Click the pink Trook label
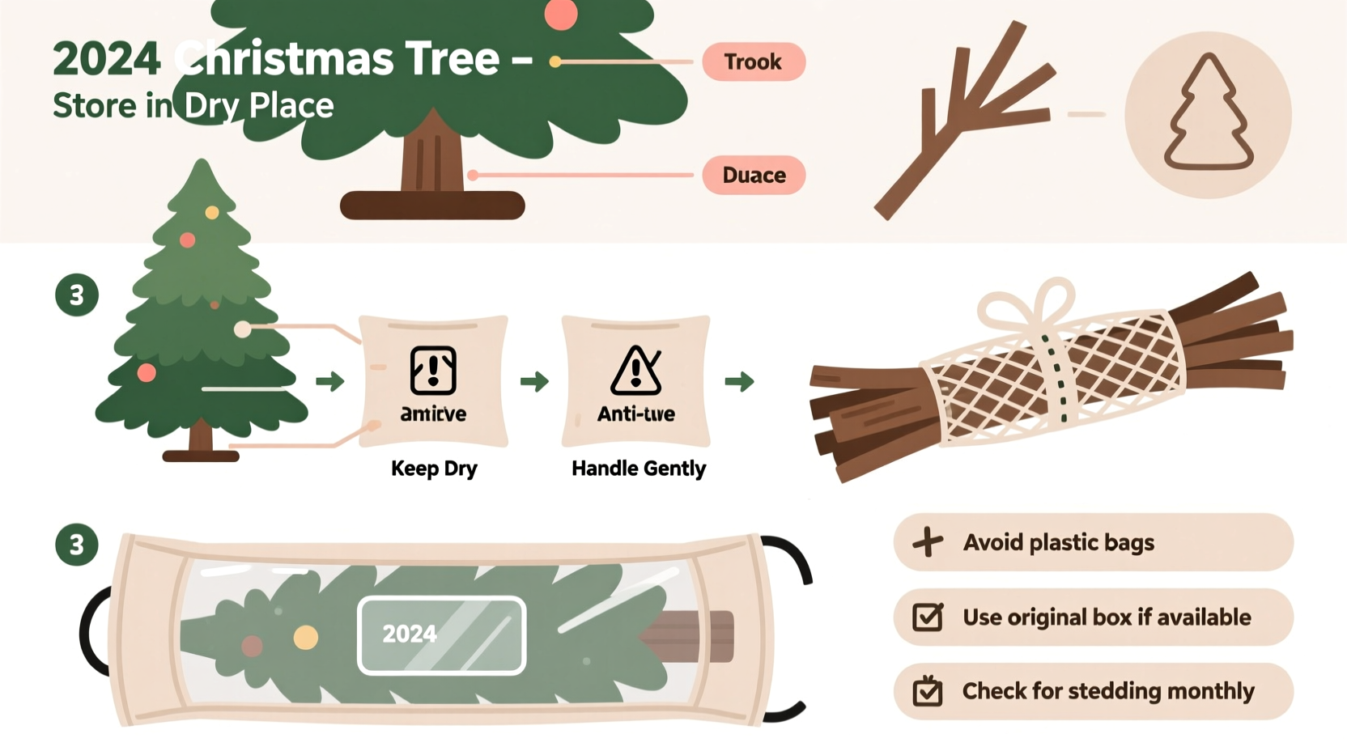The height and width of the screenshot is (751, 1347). pos(753,62)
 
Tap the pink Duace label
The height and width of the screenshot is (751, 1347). pos(753,175)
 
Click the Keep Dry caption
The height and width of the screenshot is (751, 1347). pos(434,469)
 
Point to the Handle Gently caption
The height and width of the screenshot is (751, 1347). pos(639,469)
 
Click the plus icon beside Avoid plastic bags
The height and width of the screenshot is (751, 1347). pos(928,542)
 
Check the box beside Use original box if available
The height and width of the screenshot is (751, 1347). pos(928,617)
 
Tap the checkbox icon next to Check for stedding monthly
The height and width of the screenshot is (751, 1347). pos(928,692)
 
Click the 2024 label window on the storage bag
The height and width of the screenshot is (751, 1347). pos(441,634)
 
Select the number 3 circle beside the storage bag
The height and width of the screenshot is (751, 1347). pos(77,545)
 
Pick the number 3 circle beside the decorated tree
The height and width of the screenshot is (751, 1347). pos(77,295)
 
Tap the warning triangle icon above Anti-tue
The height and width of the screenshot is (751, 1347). pos(635,371)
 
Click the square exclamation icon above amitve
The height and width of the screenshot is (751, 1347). pos(433,371)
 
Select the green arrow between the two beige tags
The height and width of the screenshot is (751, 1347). pos(534,381)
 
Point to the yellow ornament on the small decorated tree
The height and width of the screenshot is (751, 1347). pos(212,213)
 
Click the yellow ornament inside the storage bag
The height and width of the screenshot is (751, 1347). pos(306,638)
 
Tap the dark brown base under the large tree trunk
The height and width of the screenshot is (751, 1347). pos(432,206)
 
